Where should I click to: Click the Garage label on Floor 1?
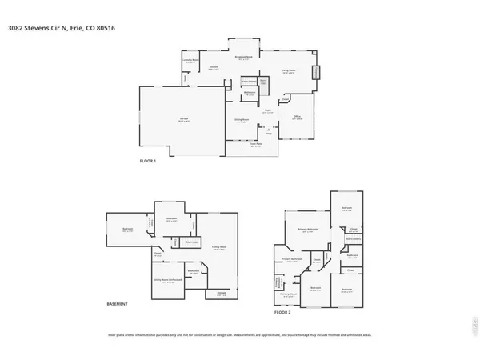point(172,118)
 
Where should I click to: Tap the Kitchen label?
point(214,67)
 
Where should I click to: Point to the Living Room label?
point(288,71)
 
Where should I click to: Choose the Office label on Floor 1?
point(296,117)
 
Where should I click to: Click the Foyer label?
point(268,112)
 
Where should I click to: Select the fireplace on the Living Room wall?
point(315,72)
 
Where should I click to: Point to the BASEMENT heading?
point(118,304)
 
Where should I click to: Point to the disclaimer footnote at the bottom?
point(240,334)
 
